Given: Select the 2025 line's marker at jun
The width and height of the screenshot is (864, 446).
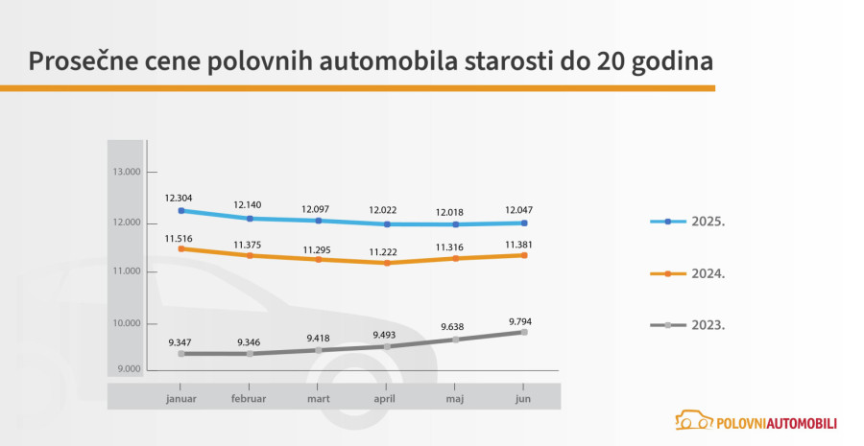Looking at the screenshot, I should pyautogui.click(x=524, y=223).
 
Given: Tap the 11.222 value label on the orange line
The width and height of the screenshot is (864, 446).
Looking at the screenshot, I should pyautogui.click(x=387, y=246).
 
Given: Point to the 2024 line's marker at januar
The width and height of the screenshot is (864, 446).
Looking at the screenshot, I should pyautogui.click(x=181, y=248).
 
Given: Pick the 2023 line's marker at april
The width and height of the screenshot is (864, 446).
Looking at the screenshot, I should pyautogui.click(x=387, y=346).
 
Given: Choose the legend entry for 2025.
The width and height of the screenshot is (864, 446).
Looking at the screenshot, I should pyautogui.click(x=687, y=221).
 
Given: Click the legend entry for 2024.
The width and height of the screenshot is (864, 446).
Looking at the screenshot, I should pyautogui.click(x=687, y=273).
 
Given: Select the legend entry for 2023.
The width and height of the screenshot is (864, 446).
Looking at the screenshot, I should pyautogui.click(x=687, y=325).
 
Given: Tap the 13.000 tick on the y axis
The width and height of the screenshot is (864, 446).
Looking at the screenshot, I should pyautogui.click(x=126, y=173).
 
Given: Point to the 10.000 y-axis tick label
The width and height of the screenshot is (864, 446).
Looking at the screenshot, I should pyautogui.click(x=126, y=323).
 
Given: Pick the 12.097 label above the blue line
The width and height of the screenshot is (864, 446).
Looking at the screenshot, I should pyautogui.click(x=318, y=209).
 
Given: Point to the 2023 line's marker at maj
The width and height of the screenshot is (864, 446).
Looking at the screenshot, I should pyautogui.click(x=455, y=339).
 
